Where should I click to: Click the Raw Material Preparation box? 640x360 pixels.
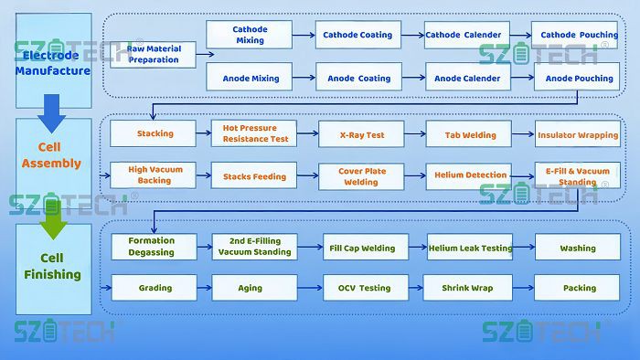tap(154, 54)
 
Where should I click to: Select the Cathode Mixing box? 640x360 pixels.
tap(250, 35)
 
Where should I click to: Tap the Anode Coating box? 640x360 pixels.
tap(357, 78)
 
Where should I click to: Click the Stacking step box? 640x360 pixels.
tap(155, 133)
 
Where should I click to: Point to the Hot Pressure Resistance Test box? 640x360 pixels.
tap(255, 133)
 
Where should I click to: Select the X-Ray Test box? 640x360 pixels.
tap(362, 134)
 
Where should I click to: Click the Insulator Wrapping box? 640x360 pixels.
tap(578, 135)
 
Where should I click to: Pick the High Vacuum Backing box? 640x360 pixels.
tap(155, 175)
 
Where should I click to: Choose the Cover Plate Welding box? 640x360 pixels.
tap(362, 175)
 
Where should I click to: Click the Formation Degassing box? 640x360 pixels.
tap(151, 247)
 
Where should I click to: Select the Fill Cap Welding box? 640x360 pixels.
tap(361, 248)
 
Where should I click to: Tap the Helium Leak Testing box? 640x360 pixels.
tap(470, 248)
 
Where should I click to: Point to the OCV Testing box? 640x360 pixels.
tap(361, 288)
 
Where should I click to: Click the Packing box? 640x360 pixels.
tap(579, 288)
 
